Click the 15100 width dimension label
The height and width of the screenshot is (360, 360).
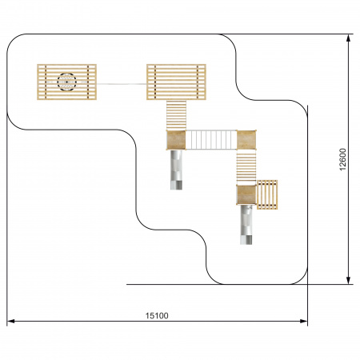coord(157,316)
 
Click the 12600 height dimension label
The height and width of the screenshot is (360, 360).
coord(342,159)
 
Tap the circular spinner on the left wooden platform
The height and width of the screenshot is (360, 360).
coord(66,82)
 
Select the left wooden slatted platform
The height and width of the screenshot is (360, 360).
coord(66,82)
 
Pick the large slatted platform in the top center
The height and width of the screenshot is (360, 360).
coord(176,82)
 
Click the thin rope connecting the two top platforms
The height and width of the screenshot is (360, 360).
coord(122,84)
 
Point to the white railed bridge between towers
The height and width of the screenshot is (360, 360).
coord(211,140)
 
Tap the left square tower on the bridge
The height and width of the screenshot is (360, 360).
coord(176,140)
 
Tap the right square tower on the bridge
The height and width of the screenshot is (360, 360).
coord(246,140)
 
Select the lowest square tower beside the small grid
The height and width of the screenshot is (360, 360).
coord(246,194)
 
